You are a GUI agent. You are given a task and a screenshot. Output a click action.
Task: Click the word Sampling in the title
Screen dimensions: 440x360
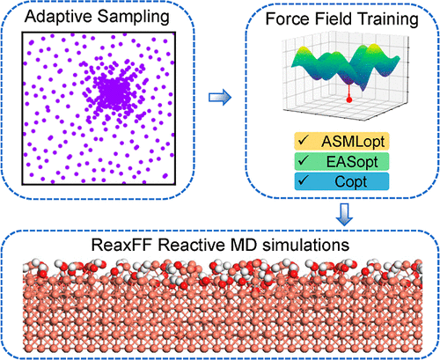click(x=134, y=18)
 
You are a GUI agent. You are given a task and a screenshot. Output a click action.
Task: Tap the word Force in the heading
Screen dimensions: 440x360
click(x=288, y=18)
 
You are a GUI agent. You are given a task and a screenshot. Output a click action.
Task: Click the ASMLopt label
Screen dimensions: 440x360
click(x=353, y=142)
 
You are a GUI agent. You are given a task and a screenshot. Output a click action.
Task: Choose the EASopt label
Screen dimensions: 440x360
click(x=352, y=162)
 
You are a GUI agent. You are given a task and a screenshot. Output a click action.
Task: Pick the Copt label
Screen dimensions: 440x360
click(x=350, y=181)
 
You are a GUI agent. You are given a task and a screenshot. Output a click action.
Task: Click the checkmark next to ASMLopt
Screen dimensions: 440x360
click(x=303, y=141)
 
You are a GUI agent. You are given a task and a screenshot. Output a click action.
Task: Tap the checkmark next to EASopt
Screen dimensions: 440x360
click(x=303, y=160)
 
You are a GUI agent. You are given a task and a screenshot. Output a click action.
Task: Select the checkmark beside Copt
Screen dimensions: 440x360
click(x=303, y=180)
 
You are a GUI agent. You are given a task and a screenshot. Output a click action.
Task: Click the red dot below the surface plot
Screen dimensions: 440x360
click(x=348, y=99)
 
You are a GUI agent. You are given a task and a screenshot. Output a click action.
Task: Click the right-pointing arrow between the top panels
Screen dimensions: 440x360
click(x=220, y=97)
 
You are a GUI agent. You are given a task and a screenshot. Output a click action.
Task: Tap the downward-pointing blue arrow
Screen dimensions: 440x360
click(x=344, y=215)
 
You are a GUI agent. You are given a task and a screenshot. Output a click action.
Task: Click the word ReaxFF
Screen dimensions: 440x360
click(x=121, y=245)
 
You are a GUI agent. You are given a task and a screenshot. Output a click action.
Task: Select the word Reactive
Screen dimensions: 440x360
click(x=192, y=245)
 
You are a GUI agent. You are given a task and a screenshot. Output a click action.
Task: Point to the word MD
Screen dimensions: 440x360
click(x=245, y=245)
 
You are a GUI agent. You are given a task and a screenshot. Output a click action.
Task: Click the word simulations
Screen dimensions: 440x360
click(x=305, y=245)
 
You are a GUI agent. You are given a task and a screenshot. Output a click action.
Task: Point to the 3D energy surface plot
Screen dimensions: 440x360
click(x=346, y=77)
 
